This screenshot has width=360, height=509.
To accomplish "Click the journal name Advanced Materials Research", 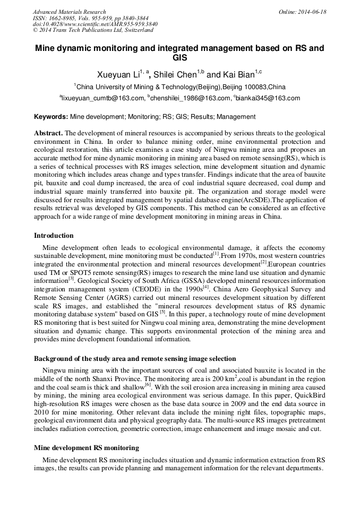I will click(69, 12).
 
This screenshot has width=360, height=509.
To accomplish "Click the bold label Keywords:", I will click(51, 116).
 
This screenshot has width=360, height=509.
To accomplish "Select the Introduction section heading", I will click(54, 236).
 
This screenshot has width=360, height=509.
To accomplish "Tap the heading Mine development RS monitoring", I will click(86, 448).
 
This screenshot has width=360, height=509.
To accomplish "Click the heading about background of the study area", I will click(135, 359).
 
